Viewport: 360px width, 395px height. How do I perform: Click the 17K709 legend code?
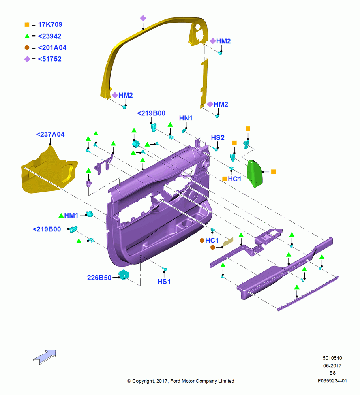(x=50, y=24)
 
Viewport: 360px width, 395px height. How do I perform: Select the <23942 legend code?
(x=50, y=36)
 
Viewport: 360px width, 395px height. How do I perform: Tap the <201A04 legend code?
(x=52, y=48)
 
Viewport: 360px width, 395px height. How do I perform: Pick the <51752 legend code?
(x=50, y=59)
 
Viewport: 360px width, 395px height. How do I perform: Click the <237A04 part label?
(x=51, y=134)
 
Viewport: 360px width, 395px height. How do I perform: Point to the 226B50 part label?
(x=99, y=278)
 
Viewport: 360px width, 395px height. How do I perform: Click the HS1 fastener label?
(x=164, y=281)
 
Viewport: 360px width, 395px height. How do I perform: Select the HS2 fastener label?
(x=217, y=137)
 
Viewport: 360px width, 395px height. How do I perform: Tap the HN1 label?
(x=186, y=118)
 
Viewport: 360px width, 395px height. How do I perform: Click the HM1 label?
(x=71, y=215)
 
